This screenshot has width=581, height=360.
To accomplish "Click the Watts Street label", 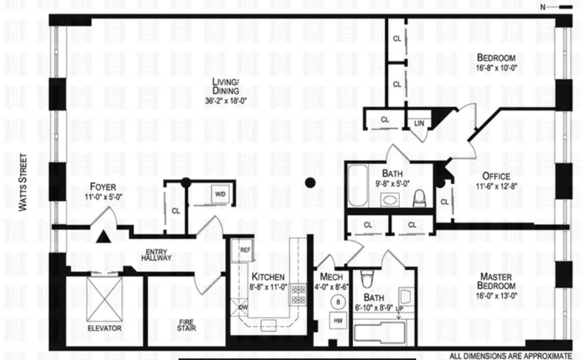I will tap(23, 182).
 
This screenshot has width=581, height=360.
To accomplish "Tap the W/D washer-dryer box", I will tap(220, 194).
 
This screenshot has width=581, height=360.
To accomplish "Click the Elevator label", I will tap(104, 328).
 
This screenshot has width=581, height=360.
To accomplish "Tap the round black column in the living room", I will tap(311, 183).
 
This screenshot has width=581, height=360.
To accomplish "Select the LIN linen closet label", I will tap(420, 123).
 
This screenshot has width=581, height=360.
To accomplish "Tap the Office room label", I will tap(496, 176).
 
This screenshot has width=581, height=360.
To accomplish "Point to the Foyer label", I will tap(102, 187).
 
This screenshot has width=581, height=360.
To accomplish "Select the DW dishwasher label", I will tap(243, 307).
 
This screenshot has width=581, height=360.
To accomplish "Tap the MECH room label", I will tap(331, 277).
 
